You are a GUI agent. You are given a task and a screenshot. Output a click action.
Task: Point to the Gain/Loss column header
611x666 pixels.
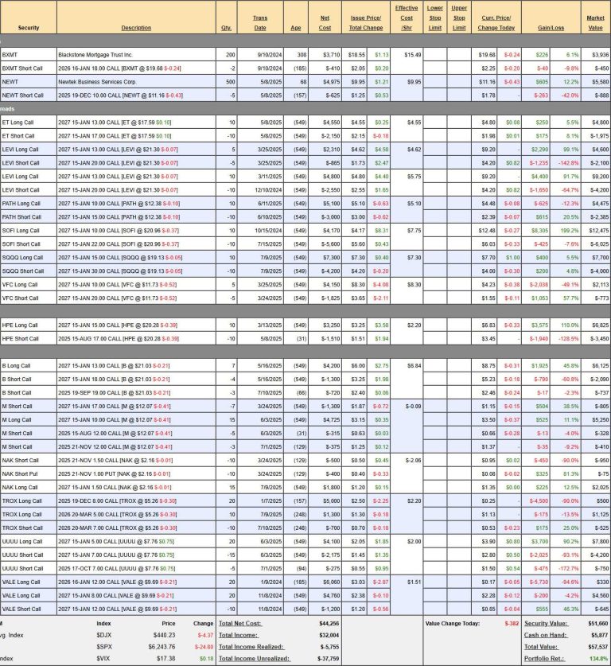551,28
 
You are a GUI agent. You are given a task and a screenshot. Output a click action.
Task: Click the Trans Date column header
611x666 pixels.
259,22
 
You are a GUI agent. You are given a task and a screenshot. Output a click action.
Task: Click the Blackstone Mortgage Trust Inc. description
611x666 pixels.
95,55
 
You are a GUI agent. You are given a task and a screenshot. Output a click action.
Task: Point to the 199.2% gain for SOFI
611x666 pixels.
572,231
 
